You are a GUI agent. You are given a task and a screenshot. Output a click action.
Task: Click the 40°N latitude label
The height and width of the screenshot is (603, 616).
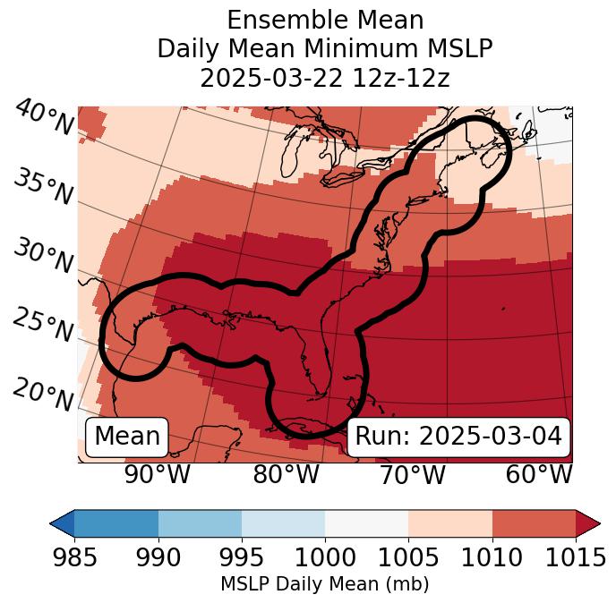coord(43,118)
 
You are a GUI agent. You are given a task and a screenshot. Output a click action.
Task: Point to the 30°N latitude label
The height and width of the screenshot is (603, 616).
coord(43,258)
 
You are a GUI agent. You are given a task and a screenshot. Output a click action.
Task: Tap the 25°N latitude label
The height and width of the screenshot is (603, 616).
coord(43,327)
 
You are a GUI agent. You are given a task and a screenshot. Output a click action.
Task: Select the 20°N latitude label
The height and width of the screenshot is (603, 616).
coord(43,395)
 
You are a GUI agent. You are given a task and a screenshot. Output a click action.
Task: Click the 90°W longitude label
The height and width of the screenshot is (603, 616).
coord(158,474)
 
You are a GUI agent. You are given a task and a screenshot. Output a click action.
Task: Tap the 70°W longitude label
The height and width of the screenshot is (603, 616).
coord(413,474)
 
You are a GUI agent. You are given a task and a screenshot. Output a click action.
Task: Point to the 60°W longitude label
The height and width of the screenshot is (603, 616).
coord(539,474)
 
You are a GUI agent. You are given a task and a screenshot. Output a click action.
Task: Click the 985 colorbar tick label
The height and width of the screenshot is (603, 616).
coord(74,558)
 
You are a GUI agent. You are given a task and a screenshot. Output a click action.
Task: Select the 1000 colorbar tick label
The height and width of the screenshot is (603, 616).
coord(325,558)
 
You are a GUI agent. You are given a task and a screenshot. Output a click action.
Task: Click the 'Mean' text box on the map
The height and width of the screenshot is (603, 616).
coord(127,437)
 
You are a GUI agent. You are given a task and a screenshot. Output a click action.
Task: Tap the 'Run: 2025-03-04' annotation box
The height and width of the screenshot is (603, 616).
coord(458,437)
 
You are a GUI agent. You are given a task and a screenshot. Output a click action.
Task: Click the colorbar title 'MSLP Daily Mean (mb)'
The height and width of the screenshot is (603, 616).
coord(325,584)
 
